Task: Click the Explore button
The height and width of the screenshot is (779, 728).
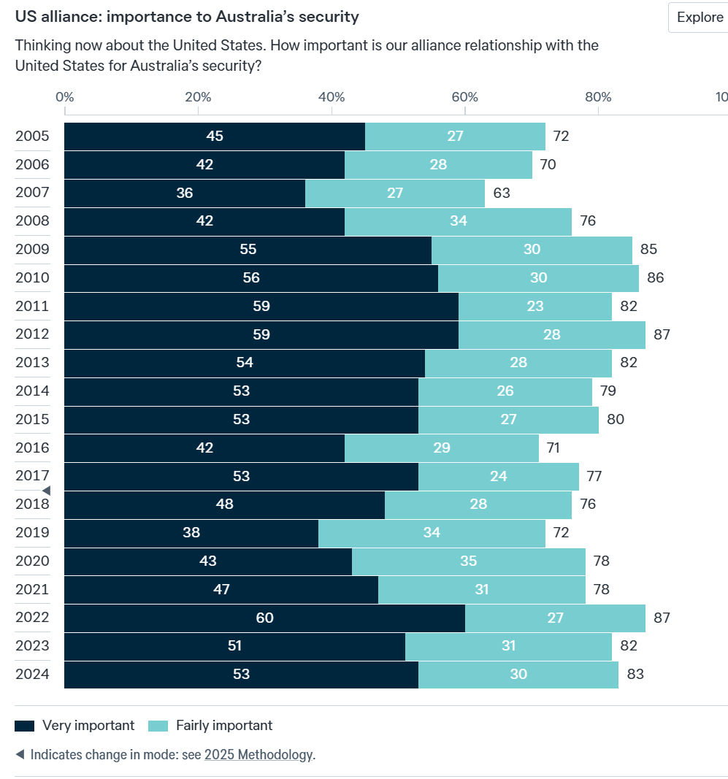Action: [699, 18]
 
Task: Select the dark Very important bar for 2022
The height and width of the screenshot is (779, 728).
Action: [264, 618]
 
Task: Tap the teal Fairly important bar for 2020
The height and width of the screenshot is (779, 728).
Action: [468, 561]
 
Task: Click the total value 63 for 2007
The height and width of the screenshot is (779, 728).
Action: [501, 193]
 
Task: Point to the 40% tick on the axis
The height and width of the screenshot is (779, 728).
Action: [332, 97]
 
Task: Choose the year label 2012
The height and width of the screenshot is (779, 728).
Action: [32, 334]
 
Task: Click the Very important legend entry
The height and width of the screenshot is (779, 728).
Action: [75, 725]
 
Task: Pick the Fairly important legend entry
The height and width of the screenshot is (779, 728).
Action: [210, 725]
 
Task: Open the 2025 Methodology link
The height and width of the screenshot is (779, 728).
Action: [258, 754]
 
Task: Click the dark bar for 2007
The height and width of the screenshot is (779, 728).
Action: [185, 193]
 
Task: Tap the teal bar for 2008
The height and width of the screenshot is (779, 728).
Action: [458, 221]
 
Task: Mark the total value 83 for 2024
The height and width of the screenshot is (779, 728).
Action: [635, 674]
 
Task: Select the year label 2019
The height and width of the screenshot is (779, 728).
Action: [32, 532]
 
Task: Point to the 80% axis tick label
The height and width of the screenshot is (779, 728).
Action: [598, 97]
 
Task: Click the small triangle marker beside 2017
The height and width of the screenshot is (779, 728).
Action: [46, 491]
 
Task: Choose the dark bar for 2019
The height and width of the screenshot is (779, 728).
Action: [191, 532]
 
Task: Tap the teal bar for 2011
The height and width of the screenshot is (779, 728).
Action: [534, 306]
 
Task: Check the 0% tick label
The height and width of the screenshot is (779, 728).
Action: [64, 97]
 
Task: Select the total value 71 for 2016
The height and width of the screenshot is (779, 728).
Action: [553, 448]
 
